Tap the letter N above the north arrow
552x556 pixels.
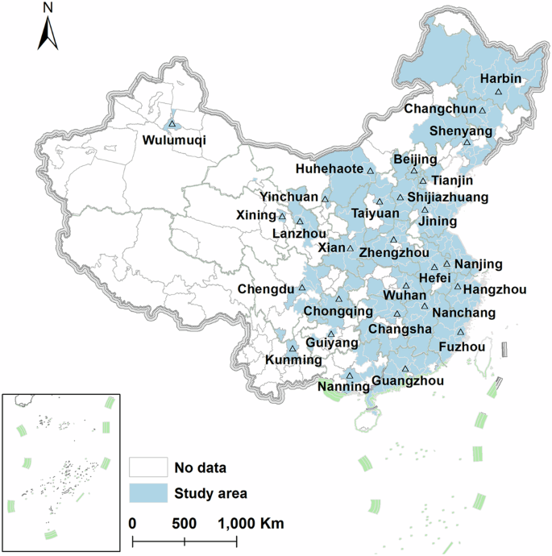tap(48, 8)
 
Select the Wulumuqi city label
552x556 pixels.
tap(173, 139)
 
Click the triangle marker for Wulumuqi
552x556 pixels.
tap(172, 124)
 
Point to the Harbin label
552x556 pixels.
tap(500, 79)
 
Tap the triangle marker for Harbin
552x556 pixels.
tap(498, 93)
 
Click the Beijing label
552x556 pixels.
tap(414, 160)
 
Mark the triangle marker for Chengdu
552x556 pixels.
tap(302, 288)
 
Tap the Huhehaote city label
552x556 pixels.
tap(329, 170)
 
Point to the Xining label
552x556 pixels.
tap(256, 216)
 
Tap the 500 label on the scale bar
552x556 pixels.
tap(185, 523)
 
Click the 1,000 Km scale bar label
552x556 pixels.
tap(248, 523)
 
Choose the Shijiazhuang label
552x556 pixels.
tap(448, 197)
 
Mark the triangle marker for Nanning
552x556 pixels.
tap(350, 376)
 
